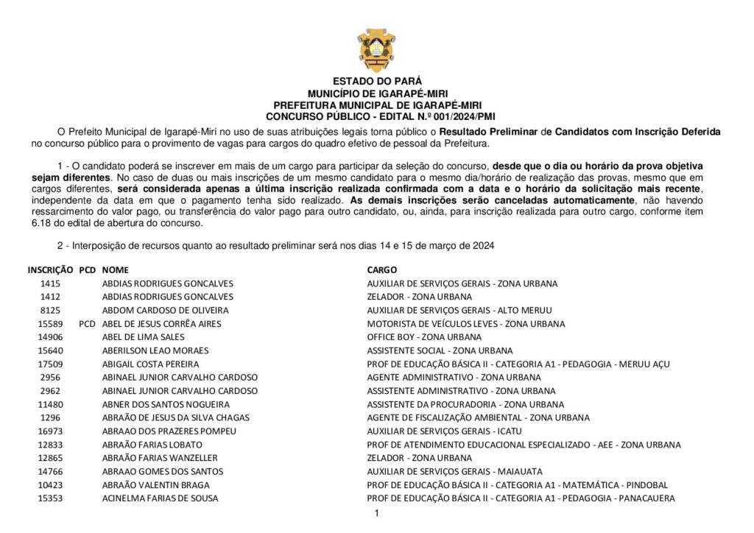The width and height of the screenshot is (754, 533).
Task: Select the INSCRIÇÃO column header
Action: click(50, 270)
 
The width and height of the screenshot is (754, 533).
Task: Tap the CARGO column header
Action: click(382, 270)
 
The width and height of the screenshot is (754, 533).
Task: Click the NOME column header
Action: click(113, 270)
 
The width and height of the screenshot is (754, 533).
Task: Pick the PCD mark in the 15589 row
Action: click(87, 324)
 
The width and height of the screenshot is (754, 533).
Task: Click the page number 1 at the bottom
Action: click(376, 514)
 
